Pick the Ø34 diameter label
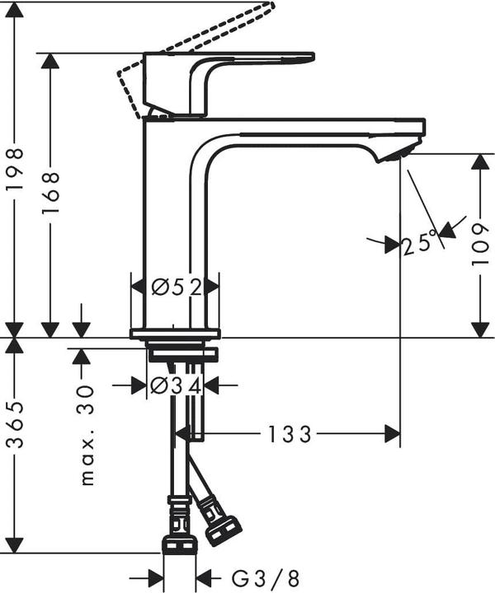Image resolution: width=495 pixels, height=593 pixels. [176, 384]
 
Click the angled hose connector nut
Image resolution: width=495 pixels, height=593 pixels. [222, 528]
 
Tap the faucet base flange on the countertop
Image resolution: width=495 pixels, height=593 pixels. [175, 333]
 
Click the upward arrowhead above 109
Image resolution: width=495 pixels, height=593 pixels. [477, 163]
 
